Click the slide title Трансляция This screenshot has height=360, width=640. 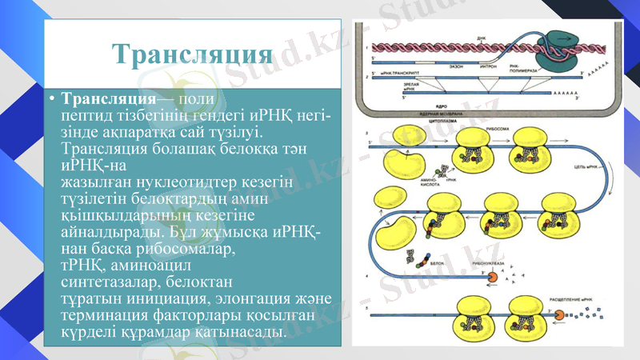[x=190, y=54]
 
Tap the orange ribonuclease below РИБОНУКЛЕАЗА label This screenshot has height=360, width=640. [x=493, y=278]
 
